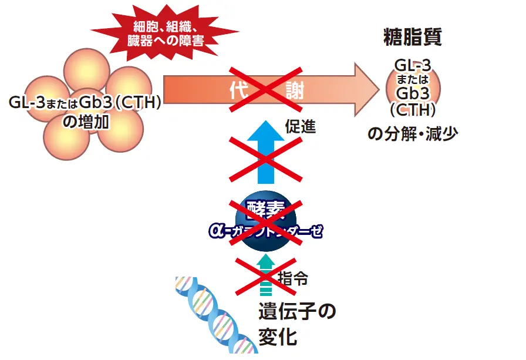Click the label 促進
pos(301,126)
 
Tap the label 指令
pos(292,278)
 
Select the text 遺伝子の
pos(297,311)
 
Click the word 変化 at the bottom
pos(278,338)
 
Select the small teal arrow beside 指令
pos(266,274)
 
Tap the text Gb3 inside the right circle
pos(413,93)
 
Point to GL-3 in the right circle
pos(413,66)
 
